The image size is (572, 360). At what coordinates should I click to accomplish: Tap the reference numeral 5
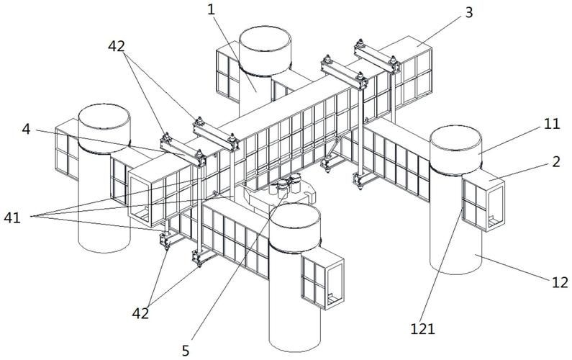(x=186, y=351)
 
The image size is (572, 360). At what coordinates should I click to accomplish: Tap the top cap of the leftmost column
(x=104, y=124)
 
